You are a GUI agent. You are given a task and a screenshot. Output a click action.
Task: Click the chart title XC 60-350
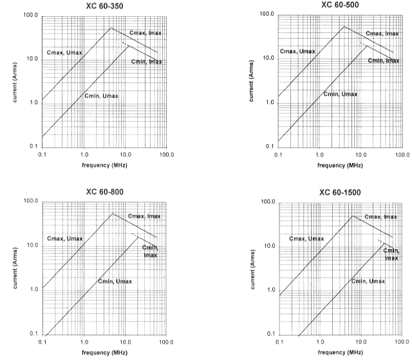[x=104, y=6]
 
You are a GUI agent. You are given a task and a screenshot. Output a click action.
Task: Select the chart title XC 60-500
[x=340, y=5]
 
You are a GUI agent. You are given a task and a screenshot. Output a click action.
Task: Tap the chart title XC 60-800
[x=104, y=192]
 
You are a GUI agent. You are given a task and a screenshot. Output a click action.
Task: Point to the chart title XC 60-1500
[x=340, y=193]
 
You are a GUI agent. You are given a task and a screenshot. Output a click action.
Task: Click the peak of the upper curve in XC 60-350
[x=111, y=28]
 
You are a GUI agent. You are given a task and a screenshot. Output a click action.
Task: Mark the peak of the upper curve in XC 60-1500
[x=353, y=216]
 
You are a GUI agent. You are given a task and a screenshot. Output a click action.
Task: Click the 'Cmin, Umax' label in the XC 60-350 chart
[x=101, y=96]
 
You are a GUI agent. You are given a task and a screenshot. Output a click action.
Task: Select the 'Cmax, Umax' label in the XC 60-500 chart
[x=297, y=52]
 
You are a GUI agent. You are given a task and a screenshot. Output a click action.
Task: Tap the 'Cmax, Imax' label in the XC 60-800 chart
[x=144, y=216]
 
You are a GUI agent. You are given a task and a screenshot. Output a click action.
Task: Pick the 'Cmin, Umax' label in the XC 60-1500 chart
[x=368, y=281]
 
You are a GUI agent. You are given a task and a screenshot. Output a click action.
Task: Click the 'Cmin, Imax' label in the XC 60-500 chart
[x=384, y=61]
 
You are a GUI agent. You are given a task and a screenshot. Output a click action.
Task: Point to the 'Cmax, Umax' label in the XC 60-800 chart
[x=64, y=238]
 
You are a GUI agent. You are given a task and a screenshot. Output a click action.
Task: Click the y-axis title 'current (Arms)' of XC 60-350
[x=15, y=82]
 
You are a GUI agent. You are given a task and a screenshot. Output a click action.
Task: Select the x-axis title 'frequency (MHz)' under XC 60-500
[x=340, y=166]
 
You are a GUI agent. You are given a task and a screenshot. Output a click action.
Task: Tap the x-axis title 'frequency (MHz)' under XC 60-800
[x=104, y=352]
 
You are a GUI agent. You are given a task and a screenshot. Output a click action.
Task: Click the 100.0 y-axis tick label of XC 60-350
[x=31, y=15]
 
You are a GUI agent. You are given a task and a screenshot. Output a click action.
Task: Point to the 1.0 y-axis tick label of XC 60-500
[x=270, y=102]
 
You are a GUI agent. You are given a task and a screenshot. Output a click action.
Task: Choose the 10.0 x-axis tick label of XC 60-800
[x=126, y=342]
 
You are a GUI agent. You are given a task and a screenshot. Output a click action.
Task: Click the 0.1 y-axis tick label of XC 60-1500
[x=271, y=334]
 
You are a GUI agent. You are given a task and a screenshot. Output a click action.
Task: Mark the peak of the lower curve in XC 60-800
[x=137, y=237]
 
